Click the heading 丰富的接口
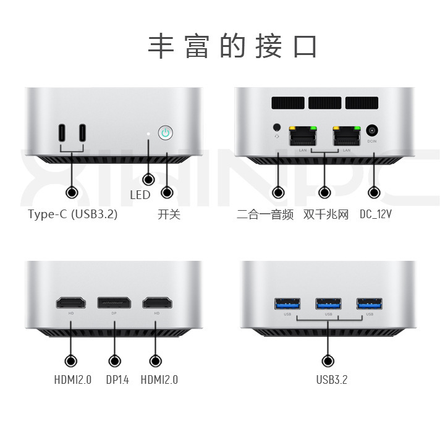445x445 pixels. click(233, 47)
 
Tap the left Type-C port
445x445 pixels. click(62, 133)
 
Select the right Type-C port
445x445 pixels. click(82, 133)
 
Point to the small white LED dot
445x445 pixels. click(148, 133)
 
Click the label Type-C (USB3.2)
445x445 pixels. click(72, 215)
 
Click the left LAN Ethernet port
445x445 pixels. click(303, 135)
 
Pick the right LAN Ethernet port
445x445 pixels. click(347, 135)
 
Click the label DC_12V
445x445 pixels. click(376, 215)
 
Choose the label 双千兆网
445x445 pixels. click(326, 215)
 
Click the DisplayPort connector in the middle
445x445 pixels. click(114, 303)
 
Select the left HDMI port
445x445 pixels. click(71, 303)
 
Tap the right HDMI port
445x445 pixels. click(156, 303)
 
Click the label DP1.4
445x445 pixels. click(117, 379)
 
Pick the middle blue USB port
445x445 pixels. click(328, 303)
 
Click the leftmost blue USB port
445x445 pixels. click(287, 303)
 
